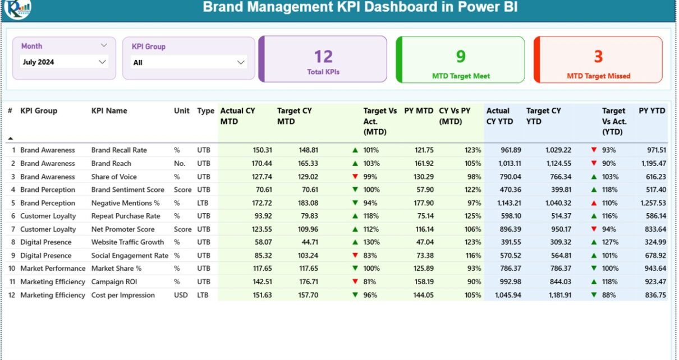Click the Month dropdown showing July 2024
63,62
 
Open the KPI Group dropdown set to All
189,63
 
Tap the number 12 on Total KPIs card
323,57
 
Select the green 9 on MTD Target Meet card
461,56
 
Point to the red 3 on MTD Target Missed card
598,56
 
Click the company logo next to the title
17,8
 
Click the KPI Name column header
109,111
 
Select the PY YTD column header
652,111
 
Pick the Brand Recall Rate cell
119,150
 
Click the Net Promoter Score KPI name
123,229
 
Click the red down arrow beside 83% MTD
355,256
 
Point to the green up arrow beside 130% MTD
355,242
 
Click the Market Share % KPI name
117,269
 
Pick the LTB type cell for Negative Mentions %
203,203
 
